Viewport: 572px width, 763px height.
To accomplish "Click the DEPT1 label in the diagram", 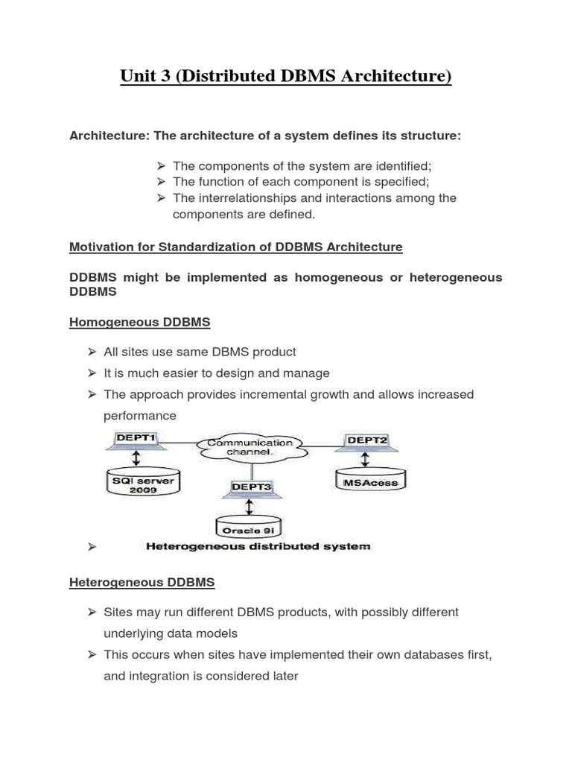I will click(x=135, y=440).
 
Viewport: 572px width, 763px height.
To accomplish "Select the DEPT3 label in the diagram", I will click(x=250, y=487).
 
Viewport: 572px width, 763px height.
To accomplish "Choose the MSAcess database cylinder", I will click(x=371, y=482).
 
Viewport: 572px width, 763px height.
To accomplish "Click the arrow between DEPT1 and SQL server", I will click(x=136, y=457).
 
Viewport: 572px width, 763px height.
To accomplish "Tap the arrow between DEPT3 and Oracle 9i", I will click(x=249, y=507).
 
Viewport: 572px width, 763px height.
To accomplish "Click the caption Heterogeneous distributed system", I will click(x=258, y=546).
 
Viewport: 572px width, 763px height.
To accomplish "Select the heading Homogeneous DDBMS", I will click(x=139, y=322).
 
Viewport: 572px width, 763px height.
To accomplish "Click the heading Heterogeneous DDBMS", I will click(x=142, y=583).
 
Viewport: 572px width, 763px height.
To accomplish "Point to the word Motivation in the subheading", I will click(x=101, y=247).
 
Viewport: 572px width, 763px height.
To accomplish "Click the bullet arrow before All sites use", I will click(x=92, y=352).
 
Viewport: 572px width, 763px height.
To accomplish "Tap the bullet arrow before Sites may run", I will click(x=92, y=612).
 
